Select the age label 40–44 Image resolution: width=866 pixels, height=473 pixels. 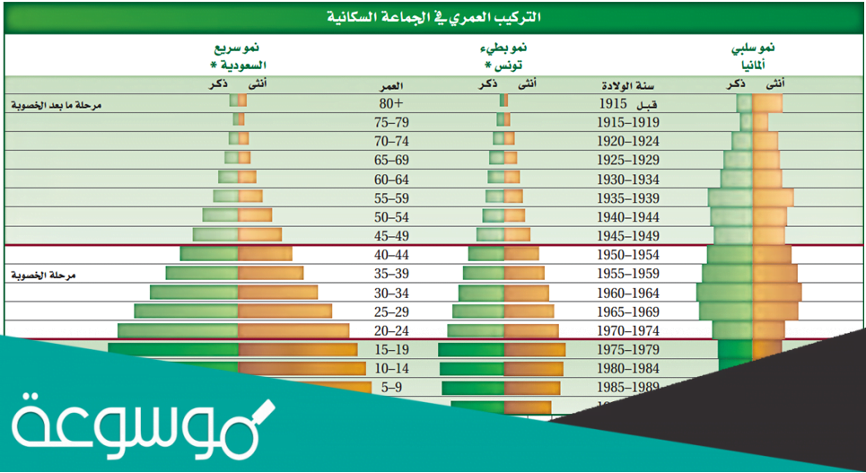391,255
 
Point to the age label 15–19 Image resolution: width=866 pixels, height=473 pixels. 391,350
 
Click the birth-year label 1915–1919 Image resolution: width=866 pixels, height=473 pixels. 629,122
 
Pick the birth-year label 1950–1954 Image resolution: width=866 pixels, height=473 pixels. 629,255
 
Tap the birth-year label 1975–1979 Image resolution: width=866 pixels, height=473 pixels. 629,350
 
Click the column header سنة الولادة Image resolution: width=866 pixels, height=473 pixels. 629,84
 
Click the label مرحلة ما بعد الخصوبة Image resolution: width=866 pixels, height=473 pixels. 54,105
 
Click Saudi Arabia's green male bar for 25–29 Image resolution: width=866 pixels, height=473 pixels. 187,311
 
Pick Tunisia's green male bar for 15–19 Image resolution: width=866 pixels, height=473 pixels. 470,350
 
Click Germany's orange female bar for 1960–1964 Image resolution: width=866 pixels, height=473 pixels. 777,293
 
